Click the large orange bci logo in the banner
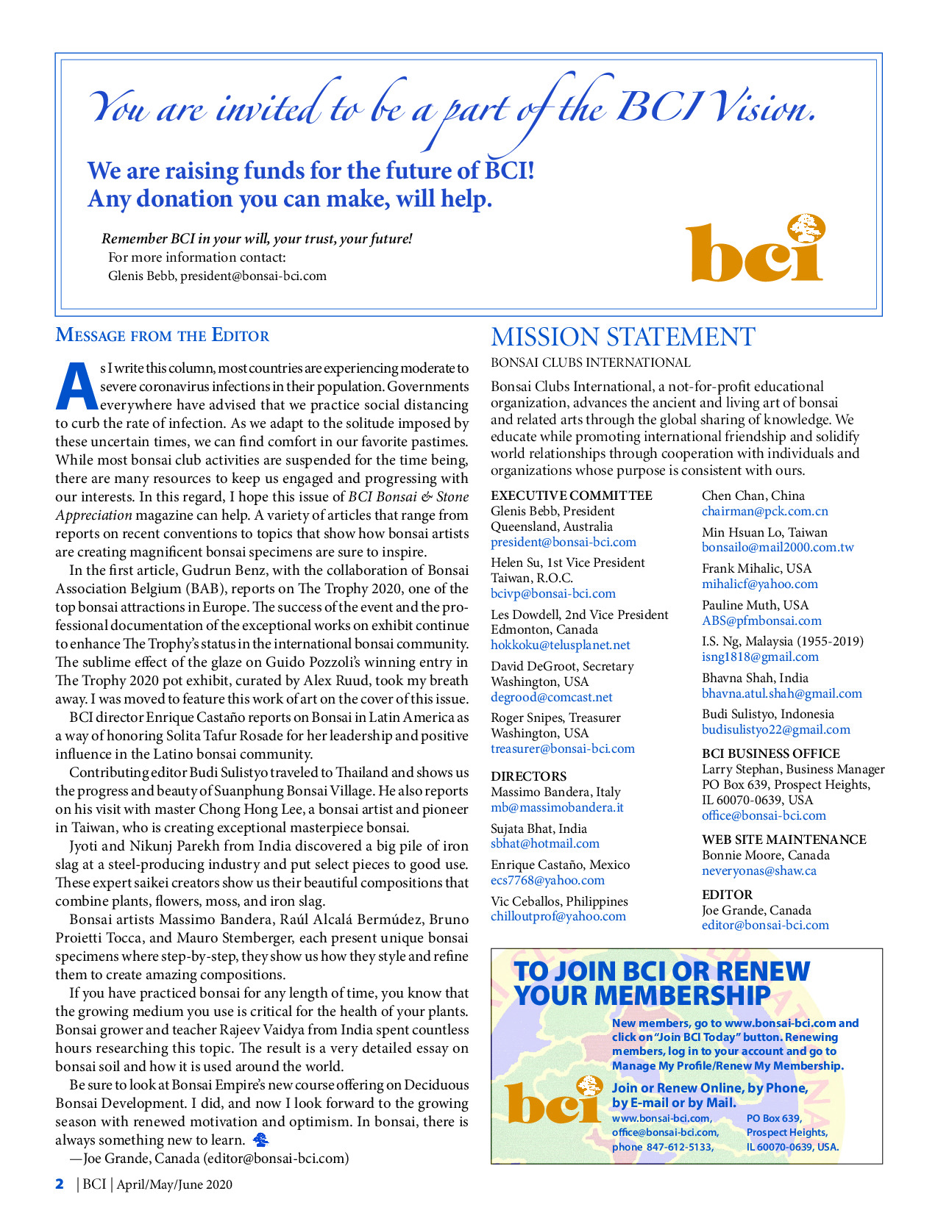[x=755, y=250]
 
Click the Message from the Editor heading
[x=163, y=336]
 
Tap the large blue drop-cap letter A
[x=76, y=385]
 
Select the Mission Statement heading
[x=622, y=337]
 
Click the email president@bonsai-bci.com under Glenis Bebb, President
[x=564, y=543]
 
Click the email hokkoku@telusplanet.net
[x=561, y=645]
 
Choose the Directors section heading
[x=528, y=776]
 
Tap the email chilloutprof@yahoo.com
[x=558, y=917]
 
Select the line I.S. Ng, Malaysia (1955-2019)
[x=782, y=641]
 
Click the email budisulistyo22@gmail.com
[x=775, y=730]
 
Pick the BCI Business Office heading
[x=770, y=754]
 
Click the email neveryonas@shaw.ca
[x=758, y=871]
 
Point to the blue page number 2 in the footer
[x=60, y=1184]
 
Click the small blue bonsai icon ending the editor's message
[x=260, y=1140]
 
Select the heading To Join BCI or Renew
[x=661, y=971]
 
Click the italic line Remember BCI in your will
[x=257, y=239]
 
